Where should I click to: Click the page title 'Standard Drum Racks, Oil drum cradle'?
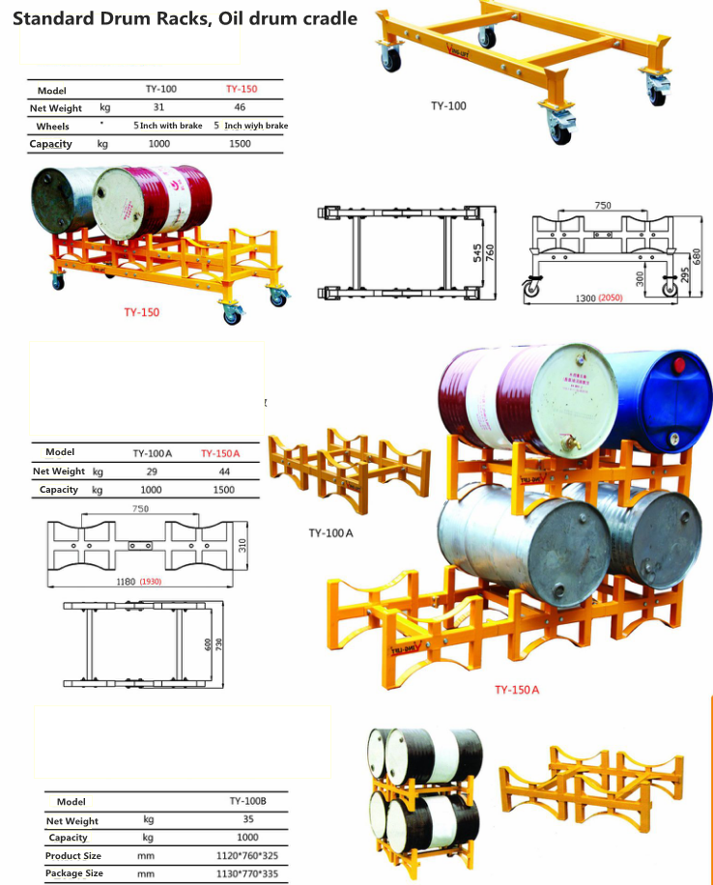185,17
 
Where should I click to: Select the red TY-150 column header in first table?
241,89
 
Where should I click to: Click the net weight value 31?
158,107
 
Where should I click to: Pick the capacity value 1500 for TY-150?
241,143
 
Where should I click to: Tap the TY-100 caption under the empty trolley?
448,105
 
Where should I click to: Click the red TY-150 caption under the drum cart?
141,312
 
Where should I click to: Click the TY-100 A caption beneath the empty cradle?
329,532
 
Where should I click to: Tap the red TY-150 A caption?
516,690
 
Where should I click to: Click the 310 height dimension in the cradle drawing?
242,545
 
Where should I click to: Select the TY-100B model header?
247,800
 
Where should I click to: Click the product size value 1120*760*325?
247,855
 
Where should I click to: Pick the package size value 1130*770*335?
247,873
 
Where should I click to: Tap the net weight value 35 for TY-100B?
247,819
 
